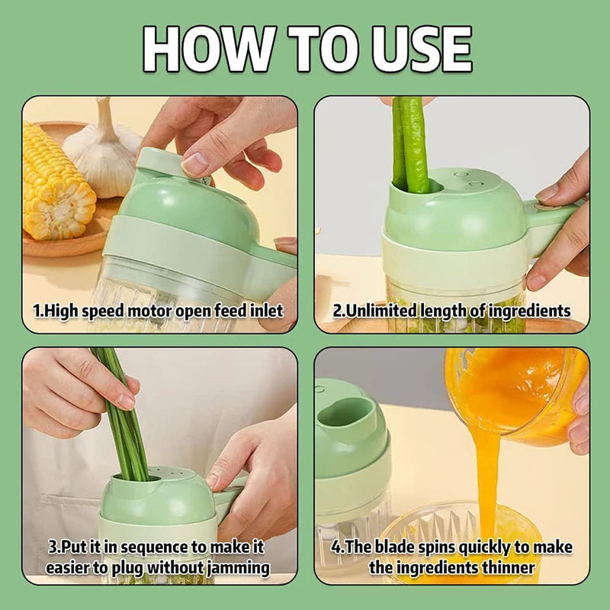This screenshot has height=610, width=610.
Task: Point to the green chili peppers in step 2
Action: pos(410,145)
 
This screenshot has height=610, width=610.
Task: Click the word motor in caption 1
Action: pos(150,311)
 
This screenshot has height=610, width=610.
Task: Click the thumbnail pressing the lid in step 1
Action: pos(194,163)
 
